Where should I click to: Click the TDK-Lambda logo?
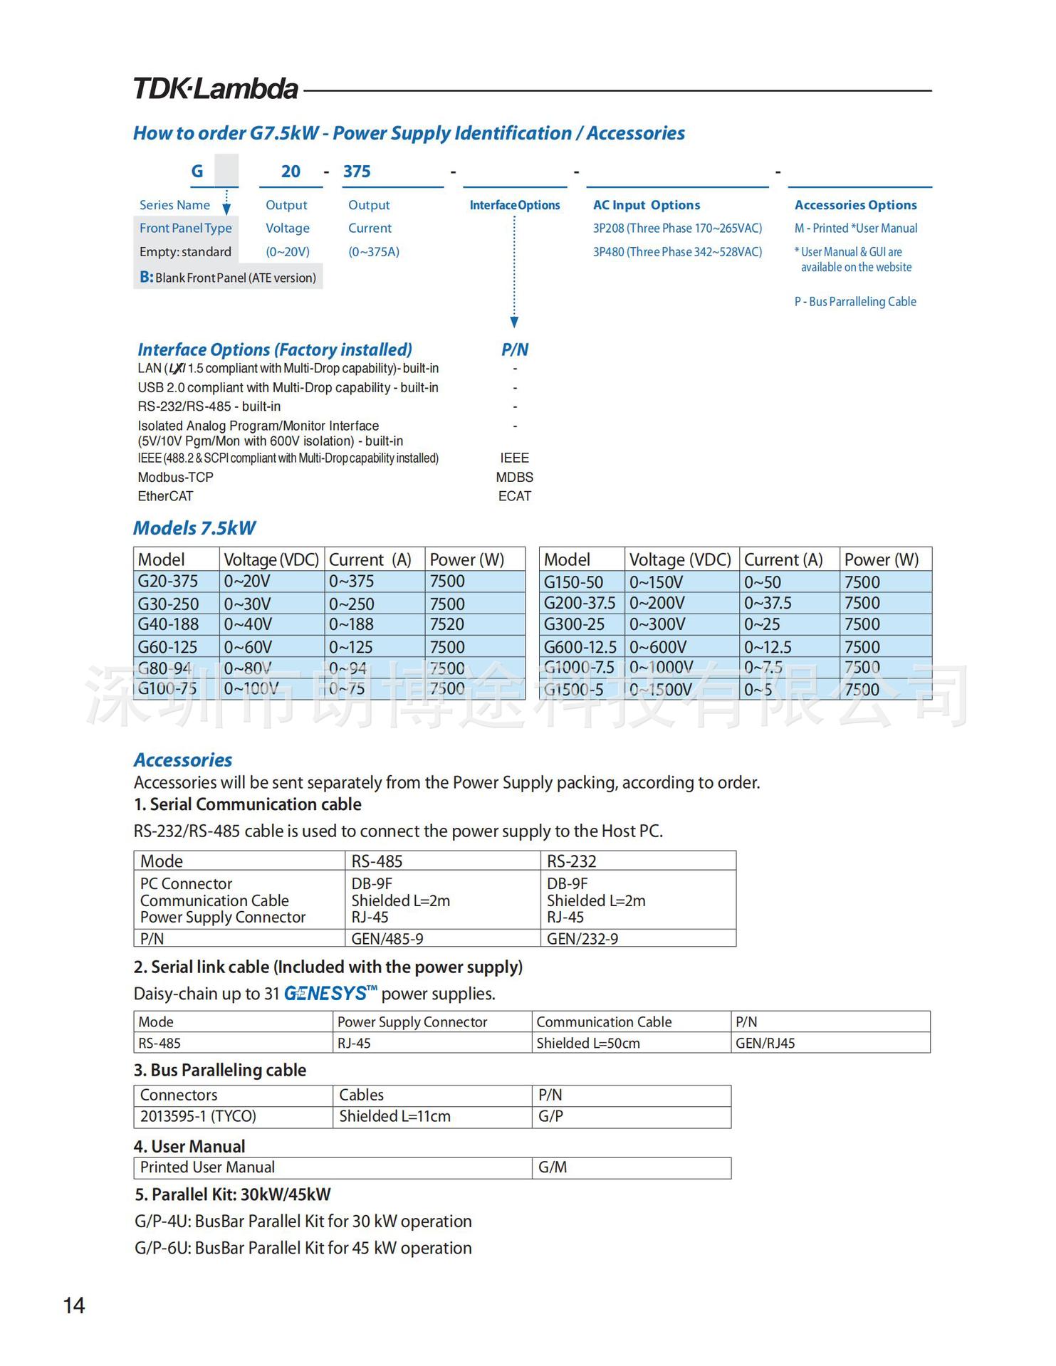click(x=216, y=90)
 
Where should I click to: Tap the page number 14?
click(x=74, y=1305)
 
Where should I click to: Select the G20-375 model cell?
click(x=168, y=582)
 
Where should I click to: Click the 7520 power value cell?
click(x=447, y=624)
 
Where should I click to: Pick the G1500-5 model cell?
click(x=574, y=690)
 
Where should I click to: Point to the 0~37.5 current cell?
click(x=768, y=603)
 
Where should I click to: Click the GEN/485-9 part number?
click(x=387, y=939)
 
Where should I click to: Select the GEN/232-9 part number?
click(x=582, y=939)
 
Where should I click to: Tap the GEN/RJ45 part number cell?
click(x=765, y=1043)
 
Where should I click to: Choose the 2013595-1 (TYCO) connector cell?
click(x=198, y=1116)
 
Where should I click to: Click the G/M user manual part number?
click(x=553, y=1167)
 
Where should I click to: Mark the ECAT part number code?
click(x=514, y=496)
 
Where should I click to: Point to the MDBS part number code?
click(x=514, y=477)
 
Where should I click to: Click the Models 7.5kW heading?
click(x=194, y=528)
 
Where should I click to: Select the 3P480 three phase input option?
click(x=677, y=252)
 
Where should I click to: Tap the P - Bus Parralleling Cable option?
click(x=855, y=302)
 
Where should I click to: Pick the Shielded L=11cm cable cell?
click(x=394, y=1116)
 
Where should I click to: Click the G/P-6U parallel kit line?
click(x=303, y=1248)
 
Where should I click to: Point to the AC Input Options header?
click(x=647, y=205)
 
